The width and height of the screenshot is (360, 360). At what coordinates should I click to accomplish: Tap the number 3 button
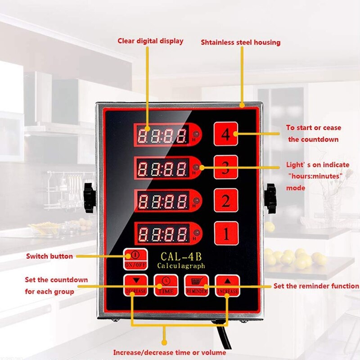click(225, 167)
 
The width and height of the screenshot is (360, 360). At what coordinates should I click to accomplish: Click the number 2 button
click(225, 201)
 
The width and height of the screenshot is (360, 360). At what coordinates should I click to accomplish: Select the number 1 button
click(225, 233)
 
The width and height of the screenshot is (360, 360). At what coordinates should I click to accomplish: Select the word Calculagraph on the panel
click(181, 266)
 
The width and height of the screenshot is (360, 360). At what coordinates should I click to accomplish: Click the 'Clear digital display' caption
click(150, 41)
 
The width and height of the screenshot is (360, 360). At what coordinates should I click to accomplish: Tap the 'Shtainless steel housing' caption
click(240, 42)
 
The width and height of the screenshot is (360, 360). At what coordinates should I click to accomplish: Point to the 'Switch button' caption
click(49, 256)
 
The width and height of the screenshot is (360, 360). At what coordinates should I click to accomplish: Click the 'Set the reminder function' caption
click(316, 286)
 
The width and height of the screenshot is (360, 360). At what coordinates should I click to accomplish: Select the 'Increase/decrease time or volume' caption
click(169, 352)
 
